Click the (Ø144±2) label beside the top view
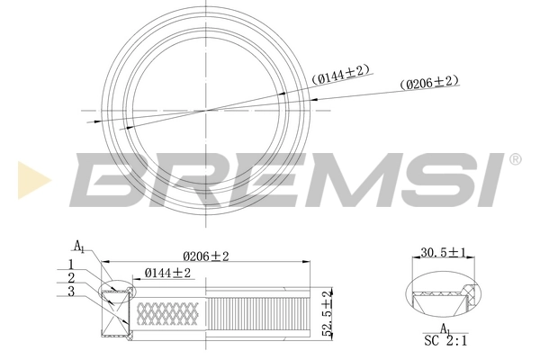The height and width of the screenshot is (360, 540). coord(340,78)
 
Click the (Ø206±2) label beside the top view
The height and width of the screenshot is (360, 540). coord(429,82)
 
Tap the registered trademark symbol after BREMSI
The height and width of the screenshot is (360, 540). coord(515,159)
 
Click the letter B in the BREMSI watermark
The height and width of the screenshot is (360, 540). coord(107,178)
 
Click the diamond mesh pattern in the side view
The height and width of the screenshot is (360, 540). coord(166,312)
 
